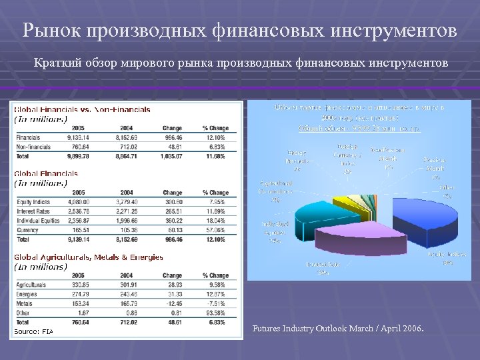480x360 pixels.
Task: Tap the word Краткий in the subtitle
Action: click(x=53, y=63)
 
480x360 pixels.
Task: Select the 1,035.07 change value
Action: click(x=171, y=156)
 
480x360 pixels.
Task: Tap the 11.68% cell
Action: click(x=217, y=156)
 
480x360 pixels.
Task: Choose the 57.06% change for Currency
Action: click(x=217, y=229)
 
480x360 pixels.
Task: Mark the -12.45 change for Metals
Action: click(x=171, y=303)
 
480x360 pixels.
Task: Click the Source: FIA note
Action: click(x=33, y=331)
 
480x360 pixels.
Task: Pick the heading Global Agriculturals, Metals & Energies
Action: click(x=89, y=257)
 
